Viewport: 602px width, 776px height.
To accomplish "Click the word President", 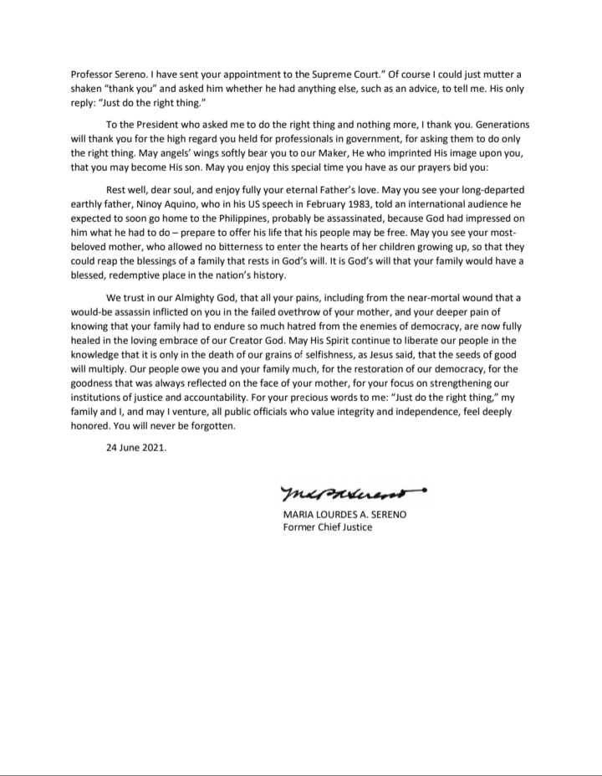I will [x=156, y=125].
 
